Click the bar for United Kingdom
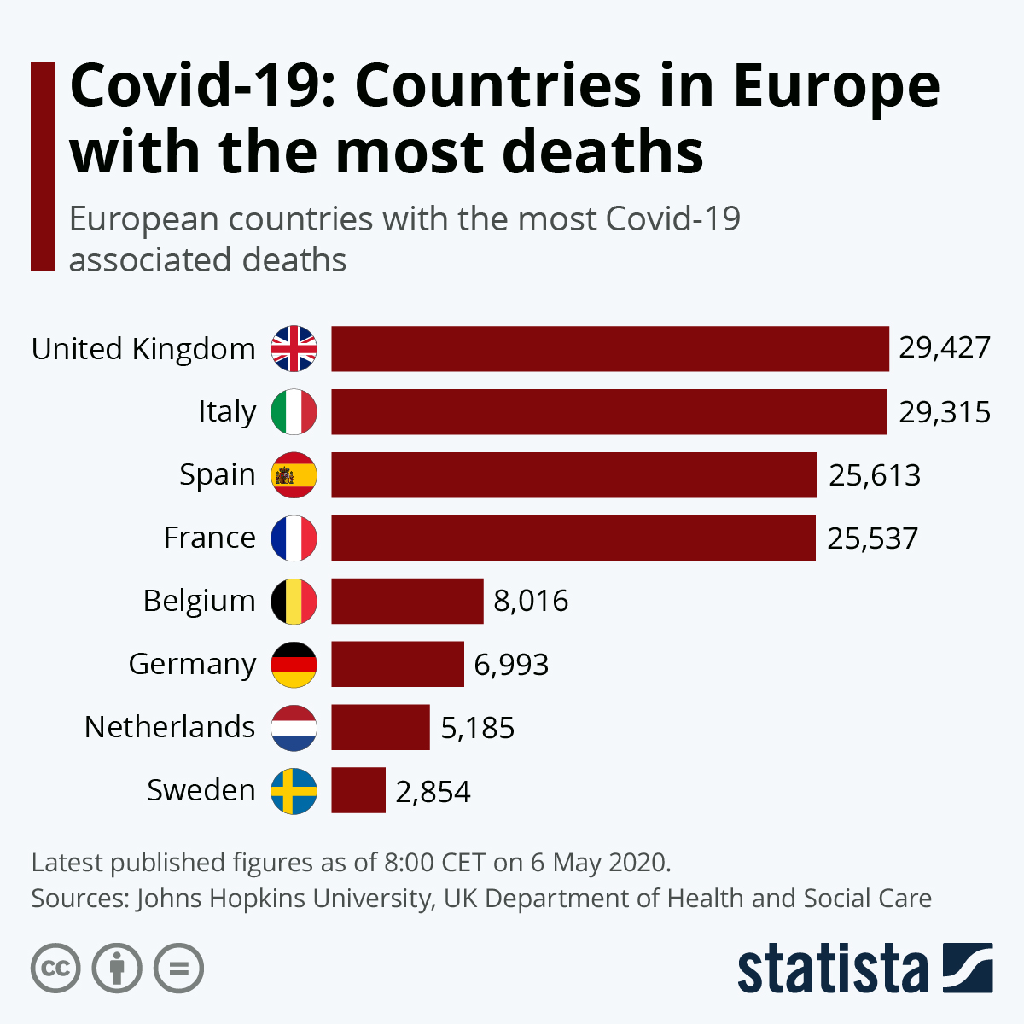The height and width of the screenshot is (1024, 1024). pos(609,348)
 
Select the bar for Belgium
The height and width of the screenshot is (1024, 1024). pos(407,601)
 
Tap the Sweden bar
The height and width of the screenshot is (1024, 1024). pos(358,790)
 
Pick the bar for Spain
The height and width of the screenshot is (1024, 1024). pos(573,474)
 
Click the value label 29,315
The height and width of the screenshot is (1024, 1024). pos(945,412)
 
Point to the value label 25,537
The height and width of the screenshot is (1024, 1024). pos(872,538)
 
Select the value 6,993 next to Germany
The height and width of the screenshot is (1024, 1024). pos(511,665)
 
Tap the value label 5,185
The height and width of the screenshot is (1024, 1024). pos(478,728)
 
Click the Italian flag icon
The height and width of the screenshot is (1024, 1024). pos(294,412)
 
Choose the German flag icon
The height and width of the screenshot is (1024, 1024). pos(294,665)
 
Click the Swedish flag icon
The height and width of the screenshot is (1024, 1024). pos(294,791)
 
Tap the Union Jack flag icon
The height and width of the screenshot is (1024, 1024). pos(294,348)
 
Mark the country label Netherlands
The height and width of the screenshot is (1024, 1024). pos(170,727)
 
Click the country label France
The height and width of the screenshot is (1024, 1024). pos(209,538)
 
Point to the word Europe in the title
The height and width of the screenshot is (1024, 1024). pos(835,85)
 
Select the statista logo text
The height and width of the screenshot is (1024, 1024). pos(832,969)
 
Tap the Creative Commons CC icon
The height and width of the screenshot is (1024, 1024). pos(55,969)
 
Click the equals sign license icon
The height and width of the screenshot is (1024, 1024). pos(178,969)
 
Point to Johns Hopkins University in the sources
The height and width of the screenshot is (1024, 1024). pos(283,899)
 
